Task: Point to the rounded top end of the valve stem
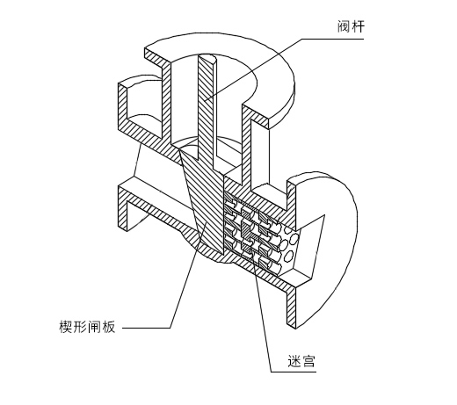pos(207,59)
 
